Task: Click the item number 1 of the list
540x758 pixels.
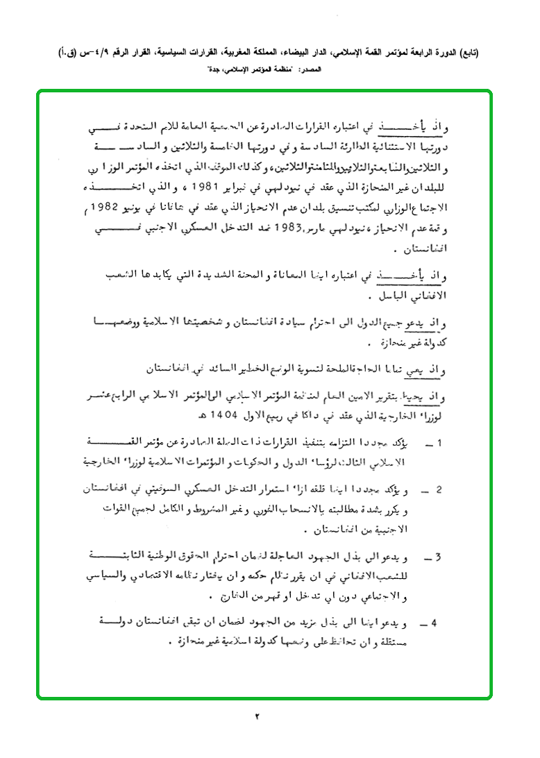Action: tap(440, 442)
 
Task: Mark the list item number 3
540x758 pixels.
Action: tap(440, 558)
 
